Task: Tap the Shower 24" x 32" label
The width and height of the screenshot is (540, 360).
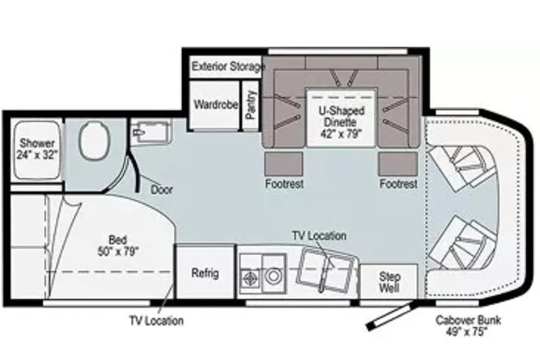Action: click(37, 148)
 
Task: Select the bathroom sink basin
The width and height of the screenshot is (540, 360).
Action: click(151, 131)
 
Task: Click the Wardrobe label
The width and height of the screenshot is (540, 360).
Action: click(216, 104)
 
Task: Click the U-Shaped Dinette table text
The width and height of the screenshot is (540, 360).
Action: click(341, 122)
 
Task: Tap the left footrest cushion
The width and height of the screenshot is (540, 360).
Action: click(283, 164)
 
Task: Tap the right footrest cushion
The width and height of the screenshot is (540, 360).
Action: click(398, 164)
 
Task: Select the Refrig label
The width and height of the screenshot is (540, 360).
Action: click(205, 273)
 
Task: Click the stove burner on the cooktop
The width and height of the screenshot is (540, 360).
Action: click(251, 277)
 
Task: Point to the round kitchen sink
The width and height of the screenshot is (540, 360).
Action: click(273, 276)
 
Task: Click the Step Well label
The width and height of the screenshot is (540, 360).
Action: click(389, 282)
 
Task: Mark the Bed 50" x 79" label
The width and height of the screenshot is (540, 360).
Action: click(118, 245)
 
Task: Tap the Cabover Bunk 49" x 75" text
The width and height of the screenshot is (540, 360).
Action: click(467, 325)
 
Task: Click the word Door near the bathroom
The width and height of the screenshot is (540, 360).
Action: click(161, 190)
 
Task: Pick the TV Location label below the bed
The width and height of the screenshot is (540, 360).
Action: click(156, 321)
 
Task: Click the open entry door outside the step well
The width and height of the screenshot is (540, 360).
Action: click(391, 315)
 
